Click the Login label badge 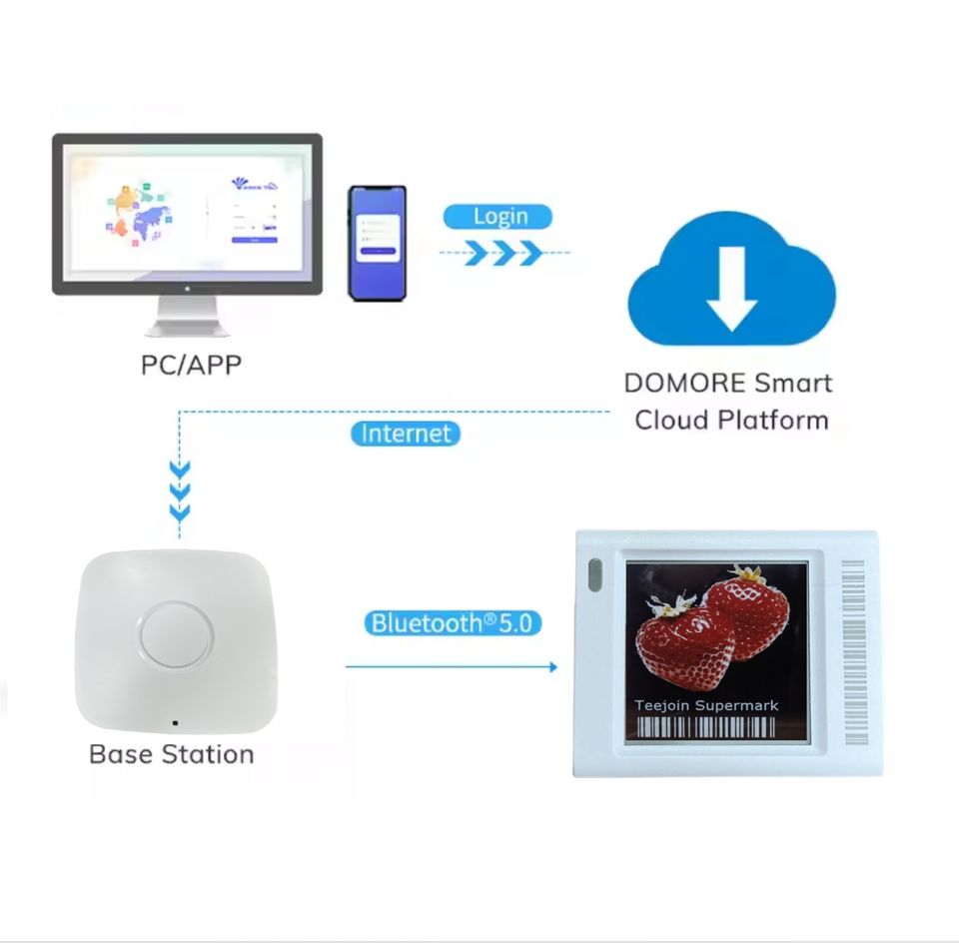(x=497, y=216)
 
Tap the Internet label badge (x=406, y=434)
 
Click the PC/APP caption (x=191, y=364)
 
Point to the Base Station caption (x=172, y=753)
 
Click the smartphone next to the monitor (x=377, y=242)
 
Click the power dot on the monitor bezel (x=187, y=287)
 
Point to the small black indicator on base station (x=175, y=721)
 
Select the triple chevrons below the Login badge (x=504, y=253)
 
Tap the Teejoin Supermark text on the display (x=706, y=705)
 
